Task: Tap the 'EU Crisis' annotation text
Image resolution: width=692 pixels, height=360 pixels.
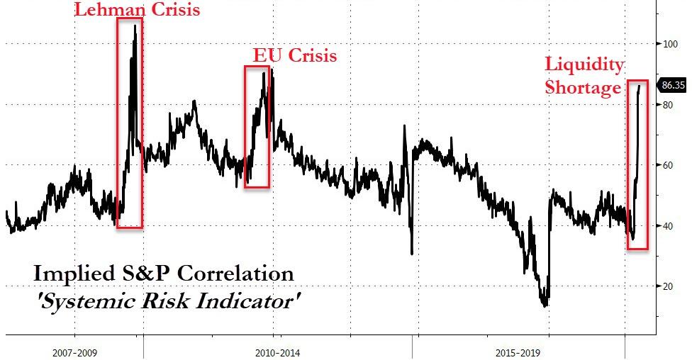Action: pos(295,56)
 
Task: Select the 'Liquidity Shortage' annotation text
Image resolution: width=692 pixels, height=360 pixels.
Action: pos(584,76)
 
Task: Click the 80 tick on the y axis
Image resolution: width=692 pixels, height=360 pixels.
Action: pos(666,105)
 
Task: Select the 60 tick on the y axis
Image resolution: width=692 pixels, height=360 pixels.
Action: pos(666,165)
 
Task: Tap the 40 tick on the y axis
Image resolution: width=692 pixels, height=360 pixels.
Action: pos(666,226)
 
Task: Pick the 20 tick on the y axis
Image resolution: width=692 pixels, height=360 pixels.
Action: pos(666,286)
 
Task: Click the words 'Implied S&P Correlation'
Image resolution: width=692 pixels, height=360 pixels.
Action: pos(163,274)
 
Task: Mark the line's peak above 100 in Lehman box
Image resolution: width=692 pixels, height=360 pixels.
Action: pos(135,26)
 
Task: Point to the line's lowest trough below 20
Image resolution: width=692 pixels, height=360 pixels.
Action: pos(545,305)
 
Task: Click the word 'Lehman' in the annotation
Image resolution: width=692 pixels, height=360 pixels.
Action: pos(104,10)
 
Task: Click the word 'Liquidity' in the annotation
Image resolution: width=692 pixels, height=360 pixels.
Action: pos(584,64)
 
